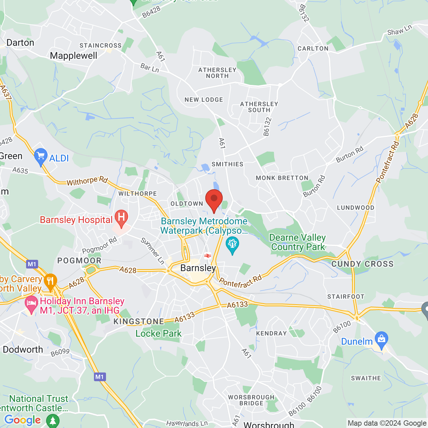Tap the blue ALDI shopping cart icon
pos(41,156)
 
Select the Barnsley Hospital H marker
pos(121,217)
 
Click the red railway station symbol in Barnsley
pos(208,256)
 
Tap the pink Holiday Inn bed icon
pos(31,304)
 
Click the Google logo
pos(22,420)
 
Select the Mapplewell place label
pos(74,56)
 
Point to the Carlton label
pos(313,48)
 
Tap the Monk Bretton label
pos(282,178)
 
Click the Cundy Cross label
pos(362,264)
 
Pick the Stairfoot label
pos(346,297)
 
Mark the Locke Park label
pos(158,333)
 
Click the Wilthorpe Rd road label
pos(87,181)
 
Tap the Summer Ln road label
pos(152,251)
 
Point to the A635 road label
pos(20,171)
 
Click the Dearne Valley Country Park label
pos(298,242)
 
